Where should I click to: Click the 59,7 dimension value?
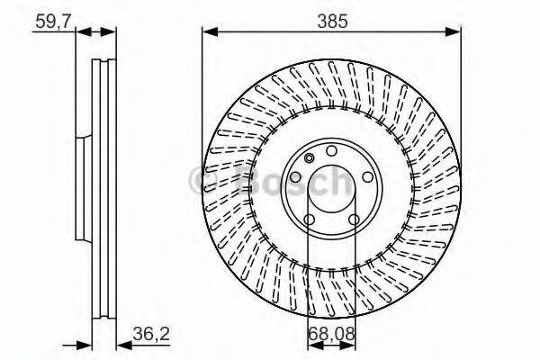pos(52,19)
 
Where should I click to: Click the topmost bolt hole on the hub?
pos(331,150)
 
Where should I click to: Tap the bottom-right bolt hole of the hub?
pos(354,219)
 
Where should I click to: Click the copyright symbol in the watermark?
pos(203,184)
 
